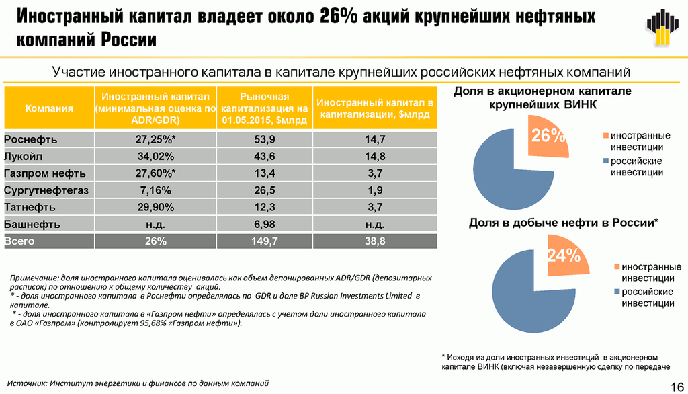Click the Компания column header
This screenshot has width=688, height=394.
(49, 108)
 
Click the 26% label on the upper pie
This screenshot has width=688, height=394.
(548, 136)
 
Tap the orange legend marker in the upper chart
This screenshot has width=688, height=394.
(605, 135)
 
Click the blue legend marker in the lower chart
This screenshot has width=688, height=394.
(615, 292)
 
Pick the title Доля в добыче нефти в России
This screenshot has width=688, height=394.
(563, 223)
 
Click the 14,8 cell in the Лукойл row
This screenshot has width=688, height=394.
(375, 157)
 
